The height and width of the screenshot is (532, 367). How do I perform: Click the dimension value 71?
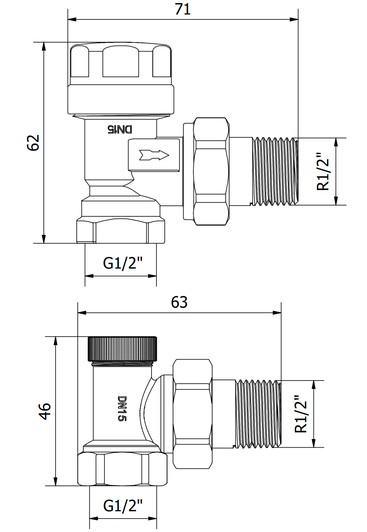point(183,9)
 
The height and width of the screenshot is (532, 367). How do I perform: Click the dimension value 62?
point(33,142)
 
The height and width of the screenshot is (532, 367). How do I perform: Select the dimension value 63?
point(179,302)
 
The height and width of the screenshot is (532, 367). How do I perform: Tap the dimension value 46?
point(45,411)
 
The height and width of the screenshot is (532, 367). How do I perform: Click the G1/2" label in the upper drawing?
point(123,263)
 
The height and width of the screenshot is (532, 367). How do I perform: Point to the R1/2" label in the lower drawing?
point(301,414)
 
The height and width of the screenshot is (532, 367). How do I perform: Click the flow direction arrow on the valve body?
point(154,155)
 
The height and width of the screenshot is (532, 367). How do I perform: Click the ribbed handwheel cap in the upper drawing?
point(120,62)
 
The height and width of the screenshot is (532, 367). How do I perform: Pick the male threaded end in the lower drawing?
point(259,414)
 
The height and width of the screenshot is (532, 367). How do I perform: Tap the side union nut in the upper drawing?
point(211,171)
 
